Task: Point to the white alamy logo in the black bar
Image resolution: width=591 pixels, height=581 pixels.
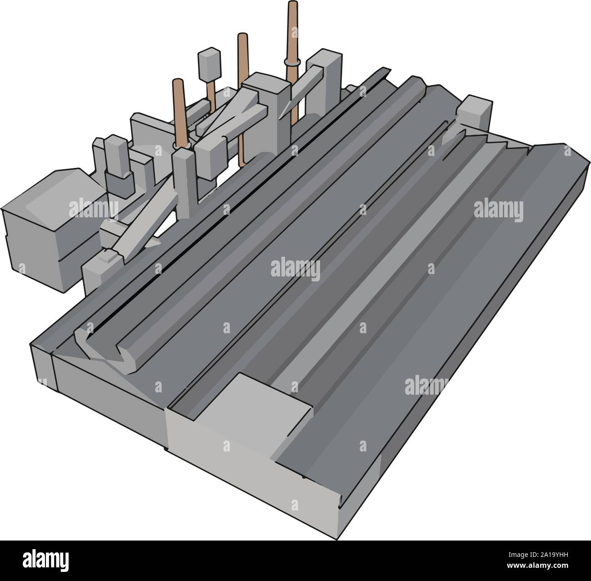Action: pyautogui.click(x=50, y=561)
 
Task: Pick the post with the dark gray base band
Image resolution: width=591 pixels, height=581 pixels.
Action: pyautogui.click(x=117, y=168)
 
